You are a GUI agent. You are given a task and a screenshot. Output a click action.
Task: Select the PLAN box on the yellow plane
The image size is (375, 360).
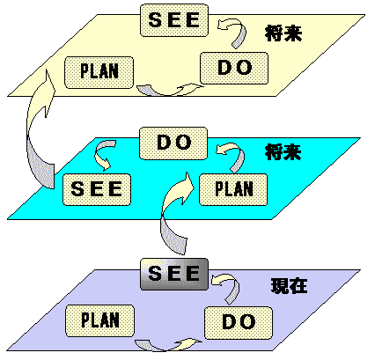tap(99, 70)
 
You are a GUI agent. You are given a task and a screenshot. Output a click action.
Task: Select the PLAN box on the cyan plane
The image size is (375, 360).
tap(232, 188)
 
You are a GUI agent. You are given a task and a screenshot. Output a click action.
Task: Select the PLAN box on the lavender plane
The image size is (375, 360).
tap(99, 319)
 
